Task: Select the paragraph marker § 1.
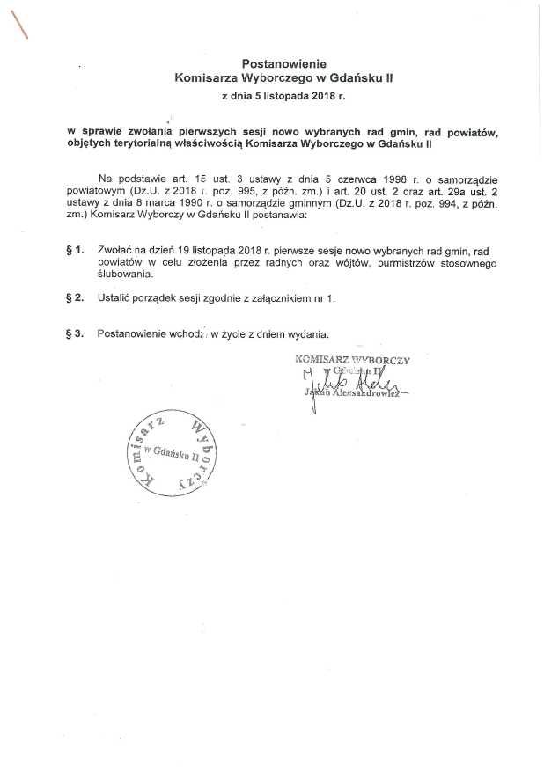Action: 75,251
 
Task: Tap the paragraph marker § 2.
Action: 75,298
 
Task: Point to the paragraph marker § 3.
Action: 75,333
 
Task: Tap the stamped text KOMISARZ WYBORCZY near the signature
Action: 354,359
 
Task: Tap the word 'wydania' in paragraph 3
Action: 310,333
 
